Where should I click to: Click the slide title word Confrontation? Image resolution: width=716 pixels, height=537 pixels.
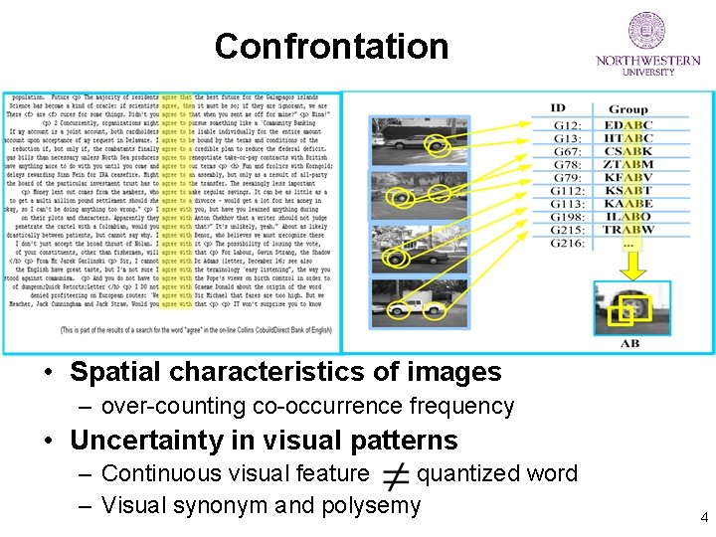pyautogui.click(x=331, y=47)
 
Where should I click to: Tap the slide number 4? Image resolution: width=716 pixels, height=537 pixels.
pyautogui.click(x=704, y=517)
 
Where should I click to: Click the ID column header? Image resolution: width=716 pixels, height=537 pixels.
pyautogui.click(x=558, y=107)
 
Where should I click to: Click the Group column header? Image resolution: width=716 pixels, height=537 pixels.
pyautogui.click(x=627, y=108)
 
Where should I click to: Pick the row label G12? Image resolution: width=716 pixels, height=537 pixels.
pyautogui.click(x=568, y=125)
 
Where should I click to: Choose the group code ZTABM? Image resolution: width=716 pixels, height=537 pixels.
pyautogui.click(x=628, y=164)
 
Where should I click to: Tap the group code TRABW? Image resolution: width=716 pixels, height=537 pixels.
pyautogui.click(x=628, y=230)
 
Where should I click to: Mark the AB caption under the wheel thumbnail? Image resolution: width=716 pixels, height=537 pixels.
pyautogui.click(x=629, y=343)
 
